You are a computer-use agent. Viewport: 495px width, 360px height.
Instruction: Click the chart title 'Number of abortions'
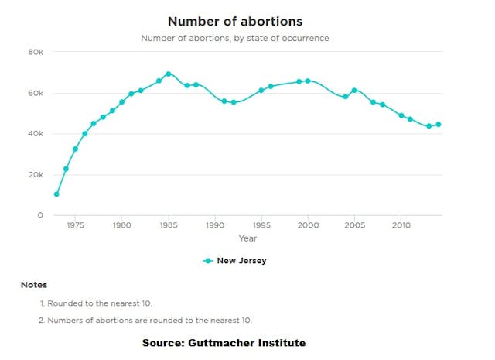(234, 21)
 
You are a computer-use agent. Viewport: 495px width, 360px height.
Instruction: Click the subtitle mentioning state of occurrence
(234, 38)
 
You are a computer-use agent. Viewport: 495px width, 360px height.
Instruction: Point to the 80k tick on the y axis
(36, 52)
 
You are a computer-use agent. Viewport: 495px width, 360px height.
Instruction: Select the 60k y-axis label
(36, 93)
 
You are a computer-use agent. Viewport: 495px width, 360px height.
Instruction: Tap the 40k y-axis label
(36, 134)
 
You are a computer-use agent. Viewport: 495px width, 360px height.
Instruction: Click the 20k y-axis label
(36, 175)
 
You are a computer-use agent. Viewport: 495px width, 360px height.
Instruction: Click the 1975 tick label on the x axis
(75, 226)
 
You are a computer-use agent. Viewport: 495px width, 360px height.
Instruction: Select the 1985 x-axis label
(168, 226)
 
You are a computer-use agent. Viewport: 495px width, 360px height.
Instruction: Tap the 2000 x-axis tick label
(308, 226)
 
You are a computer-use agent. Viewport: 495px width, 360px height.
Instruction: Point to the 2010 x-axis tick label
(401, 226)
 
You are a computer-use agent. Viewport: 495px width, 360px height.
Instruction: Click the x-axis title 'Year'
(247, 238)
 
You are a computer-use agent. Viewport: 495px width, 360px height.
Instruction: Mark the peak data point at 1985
(168, 74)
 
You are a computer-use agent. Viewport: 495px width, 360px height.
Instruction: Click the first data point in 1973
(56, 194)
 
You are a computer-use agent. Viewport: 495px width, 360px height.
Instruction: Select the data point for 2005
(354, 91)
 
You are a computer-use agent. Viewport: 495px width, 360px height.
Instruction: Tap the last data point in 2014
(438, 125)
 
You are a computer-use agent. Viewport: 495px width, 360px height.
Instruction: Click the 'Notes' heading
(33, 285)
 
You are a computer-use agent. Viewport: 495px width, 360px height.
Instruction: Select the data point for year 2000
(308, 81)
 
